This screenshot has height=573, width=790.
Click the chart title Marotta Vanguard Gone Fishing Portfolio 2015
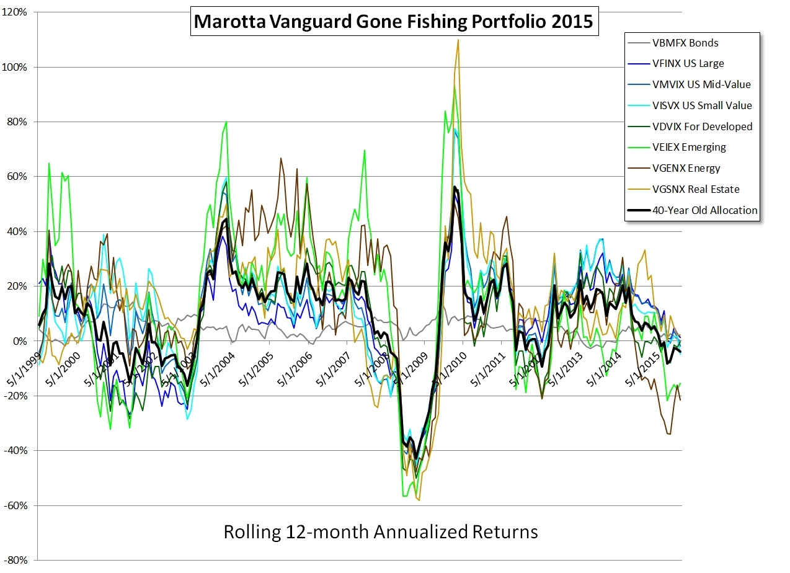click(394, 22)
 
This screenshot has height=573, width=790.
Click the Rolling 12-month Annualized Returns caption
click(380, 532)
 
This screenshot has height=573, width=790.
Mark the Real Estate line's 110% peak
click(458, 40)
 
